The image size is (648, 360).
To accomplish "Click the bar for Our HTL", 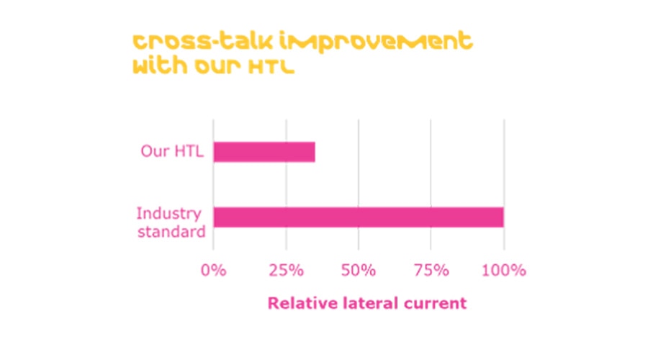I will tap(264, 152).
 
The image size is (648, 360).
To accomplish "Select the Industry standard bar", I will tap(358, 217).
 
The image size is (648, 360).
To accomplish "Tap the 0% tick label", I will tap(213, 271).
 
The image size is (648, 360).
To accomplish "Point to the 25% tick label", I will tap(286, 271).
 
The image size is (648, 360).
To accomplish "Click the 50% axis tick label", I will tap(359, 271).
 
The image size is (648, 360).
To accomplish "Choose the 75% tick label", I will tap(431, 271).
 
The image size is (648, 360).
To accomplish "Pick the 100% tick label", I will tap(504, 271).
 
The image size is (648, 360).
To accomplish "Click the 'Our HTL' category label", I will tap(173, 153).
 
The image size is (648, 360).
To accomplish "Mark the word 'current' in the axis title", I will tap(436, 304).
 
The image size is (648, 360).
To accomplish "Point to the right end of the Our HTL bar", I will tap(314, 152).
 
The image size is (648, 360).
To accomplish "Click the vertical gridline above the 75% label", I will tap(431, 180).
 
